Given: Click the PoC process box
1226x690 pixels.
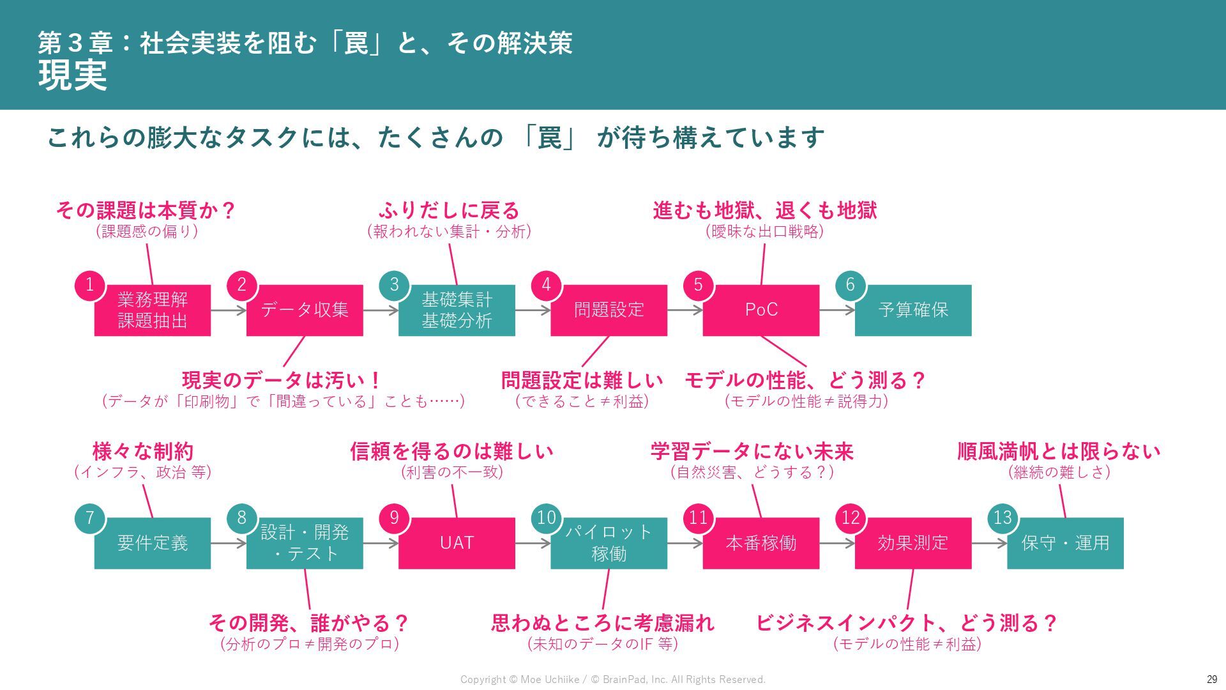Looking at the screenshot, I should [761, 310].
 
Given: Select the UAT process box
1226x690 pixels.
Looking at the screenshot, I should [457, 543].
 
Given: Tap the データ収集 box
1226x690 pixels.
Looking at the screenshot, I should [305, 310].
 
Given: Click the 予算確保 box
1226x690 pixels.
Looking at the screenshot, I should [913, 310].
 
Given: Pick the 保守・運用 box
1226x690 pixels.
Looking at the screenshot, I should [1065, 543].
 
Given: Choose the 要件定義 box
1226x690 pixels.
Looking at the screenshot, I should [153, 543].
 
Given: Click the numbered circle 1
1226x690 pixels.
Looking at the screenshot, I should [90, 285].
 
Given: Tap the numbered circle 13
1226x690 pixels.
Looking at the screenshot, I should [1003, 517].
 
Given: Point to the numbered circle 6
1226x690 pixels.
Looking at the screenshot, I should [850, 285].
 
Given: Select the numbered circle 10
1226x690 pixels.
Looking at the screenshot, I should [546, 517].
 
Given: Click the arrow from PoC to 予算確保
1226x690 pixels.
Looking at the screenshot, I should [836, 310].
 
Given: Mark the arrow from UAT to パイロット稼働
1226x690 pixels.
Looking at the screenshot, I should [533, 544].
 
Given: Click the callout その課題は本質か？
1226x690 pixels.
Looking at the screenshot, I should [146, 210].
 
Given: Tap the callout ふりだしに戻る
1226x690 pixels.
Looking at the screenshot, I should [449, 210].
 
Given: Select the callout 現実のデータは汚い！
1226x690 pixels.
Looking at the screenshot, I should [282, 381].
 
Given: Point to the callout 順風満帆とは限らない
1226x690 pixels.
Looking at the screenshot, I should [1059, 452].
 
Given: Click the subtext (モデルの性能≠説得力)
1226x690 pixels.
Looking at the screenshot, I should [806, 401].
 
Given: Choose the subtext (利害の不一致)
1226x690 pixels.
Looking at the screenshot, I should [451, 472].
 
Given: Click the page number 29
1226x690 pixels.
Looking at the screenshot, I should [1211, 679].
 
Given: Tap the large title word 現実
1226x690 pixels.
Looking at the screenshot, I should [73, 75].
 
